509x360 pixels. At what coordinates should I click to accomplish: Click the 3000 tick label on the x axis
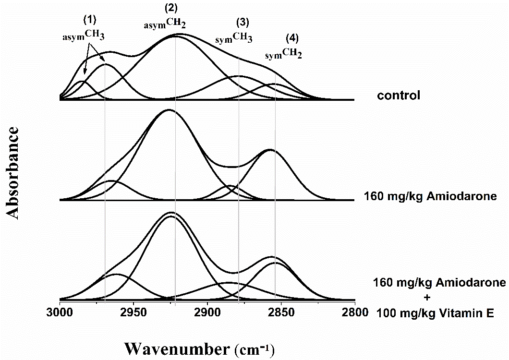(x=60, y=312)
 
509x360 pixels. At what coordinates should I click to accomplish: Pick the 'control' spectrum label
(x=399, y=95)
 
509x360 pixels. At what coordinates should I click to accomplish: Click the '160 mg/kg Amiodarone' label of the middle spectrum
(x=430, y=196)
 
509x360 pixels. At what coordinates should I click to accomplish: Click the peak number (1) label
(x=90, y=21)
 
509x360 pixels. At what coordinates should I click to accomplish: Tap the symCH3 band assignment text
(x=234, y=38)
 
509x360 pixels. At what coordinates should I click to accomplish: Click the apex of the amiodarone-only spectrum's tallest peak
(x=169, y=109)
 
